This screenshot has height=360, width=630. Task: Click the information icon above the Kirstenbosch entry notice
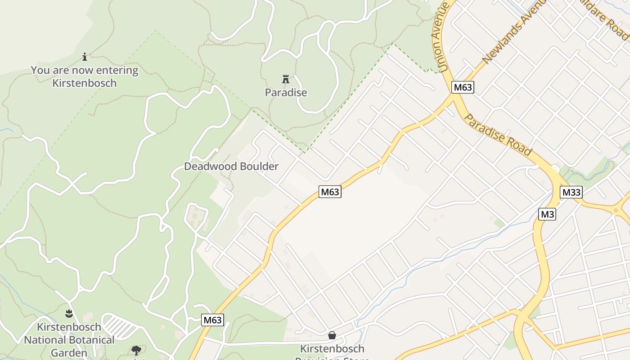tap(85, 57)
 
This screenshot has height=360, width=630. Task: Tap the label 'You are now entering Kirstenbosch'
tap(85, 76)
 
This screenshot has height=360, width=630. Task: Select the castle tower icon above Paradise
tap(285, 80)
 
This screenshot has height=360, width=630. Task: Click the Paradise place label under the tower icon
tap(286, 93)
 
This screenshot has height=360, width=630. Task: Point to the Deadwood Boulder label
tap(231, 166)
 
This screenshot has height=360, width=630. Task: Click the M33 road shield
tap(571, 193)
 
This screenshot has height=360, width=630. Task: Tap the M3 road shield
tap(547, 214)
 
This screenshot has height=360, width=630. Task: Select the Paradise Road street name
tap(498, 135)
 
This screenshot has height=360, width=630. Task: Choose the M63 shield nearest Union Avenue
tap(463, 87)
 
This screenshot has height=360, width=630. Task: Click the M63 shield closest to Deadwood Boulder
tap(330, 192)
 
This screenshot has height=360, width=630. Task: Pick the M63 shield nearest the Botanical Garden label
tap(212, 320)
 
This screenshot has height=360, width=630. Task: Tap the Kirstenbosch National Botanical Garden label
tap(69, 340)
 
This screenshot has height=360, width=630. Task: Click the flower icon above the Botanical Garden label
tap(69, 313)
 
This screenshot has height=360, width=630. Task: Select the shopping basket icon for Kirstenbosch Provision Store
tap(332, 335)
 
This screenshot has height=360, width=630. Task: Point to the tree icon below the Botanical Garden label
tap(136, 350)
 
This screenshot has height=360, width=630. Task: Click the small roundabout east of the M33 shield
tap(616, 210)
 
